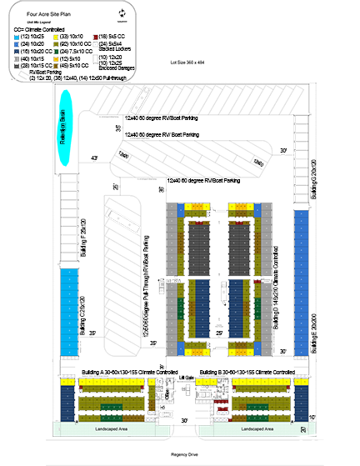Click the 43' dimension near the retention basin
[x=94, y=158]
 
